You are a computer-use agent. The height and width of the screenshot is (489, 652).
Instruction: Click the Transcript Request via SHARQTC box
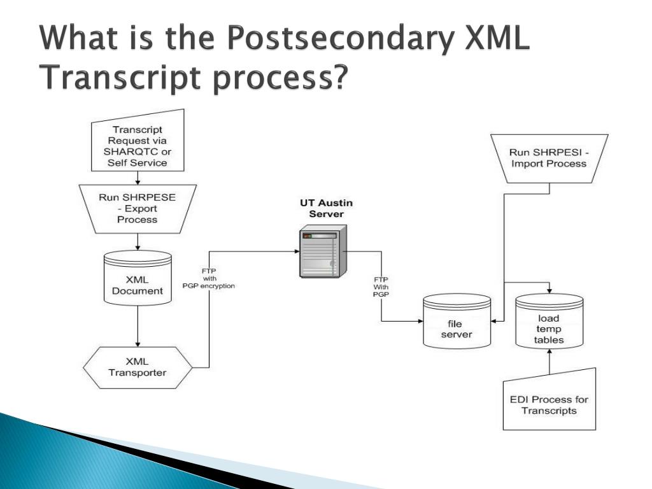138,146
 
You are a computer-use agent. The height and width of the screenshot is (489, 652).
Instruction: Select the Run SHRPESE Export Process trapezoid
137,208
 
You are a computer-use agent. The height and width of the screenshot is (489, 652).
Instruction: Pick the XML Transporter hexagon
137,367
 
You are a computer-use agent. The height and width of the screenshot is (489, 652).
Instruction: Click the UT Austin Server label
326,208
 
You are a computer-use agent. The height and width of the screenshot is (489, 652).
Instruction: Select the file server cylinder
455,322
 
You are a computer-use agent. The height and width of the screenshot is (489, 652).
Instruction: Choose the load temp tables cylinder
548,323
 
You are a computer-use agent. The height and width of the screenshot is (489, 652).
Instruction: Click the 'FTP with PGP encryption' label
209,278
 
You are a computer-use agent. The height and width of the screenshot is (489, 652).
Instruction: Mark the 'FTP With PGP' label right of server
381,287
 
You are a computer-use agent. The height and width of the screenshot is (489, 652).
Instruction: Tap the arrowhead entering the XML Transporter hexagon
138,344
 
